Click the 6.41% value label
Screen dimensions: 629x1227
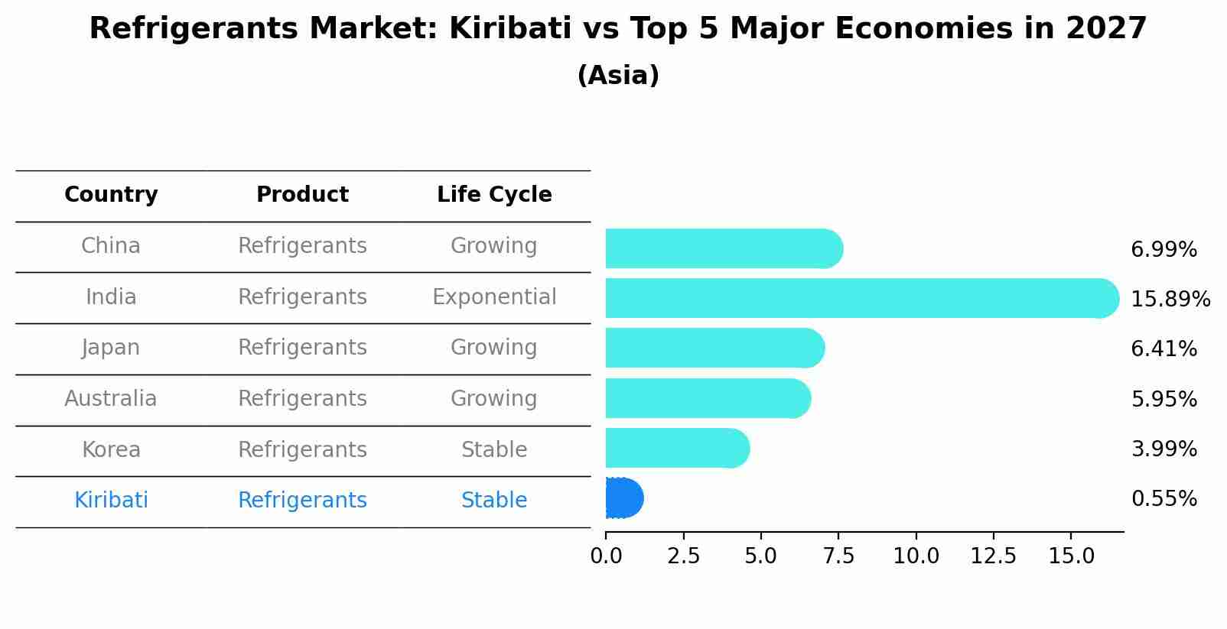1164,349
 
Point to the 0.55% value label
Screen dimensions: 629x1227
1164,499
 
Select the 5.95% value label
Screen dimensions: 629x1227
1164,399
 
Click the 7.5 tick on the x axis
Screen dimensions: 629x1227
838,556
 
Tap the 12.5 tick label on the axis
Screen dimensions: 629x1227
993,556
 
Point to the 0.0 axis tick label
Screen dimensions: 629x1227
606,556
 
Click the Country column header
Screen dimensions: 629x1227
111,195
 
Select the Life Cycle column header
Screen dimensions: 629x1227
494,195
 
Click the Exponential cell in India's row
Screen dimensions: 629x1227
494,297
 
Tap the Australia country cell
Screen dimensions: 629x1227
111,399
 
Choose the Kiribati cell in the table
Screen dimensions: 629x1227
111,501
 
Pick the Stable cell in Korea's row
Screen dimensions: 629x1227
494,450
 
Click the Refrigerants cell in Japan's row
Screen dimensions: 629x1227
302,348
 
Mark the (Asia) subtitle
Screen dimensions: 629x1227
618,76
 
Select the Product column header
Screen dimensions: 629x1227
302,195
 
